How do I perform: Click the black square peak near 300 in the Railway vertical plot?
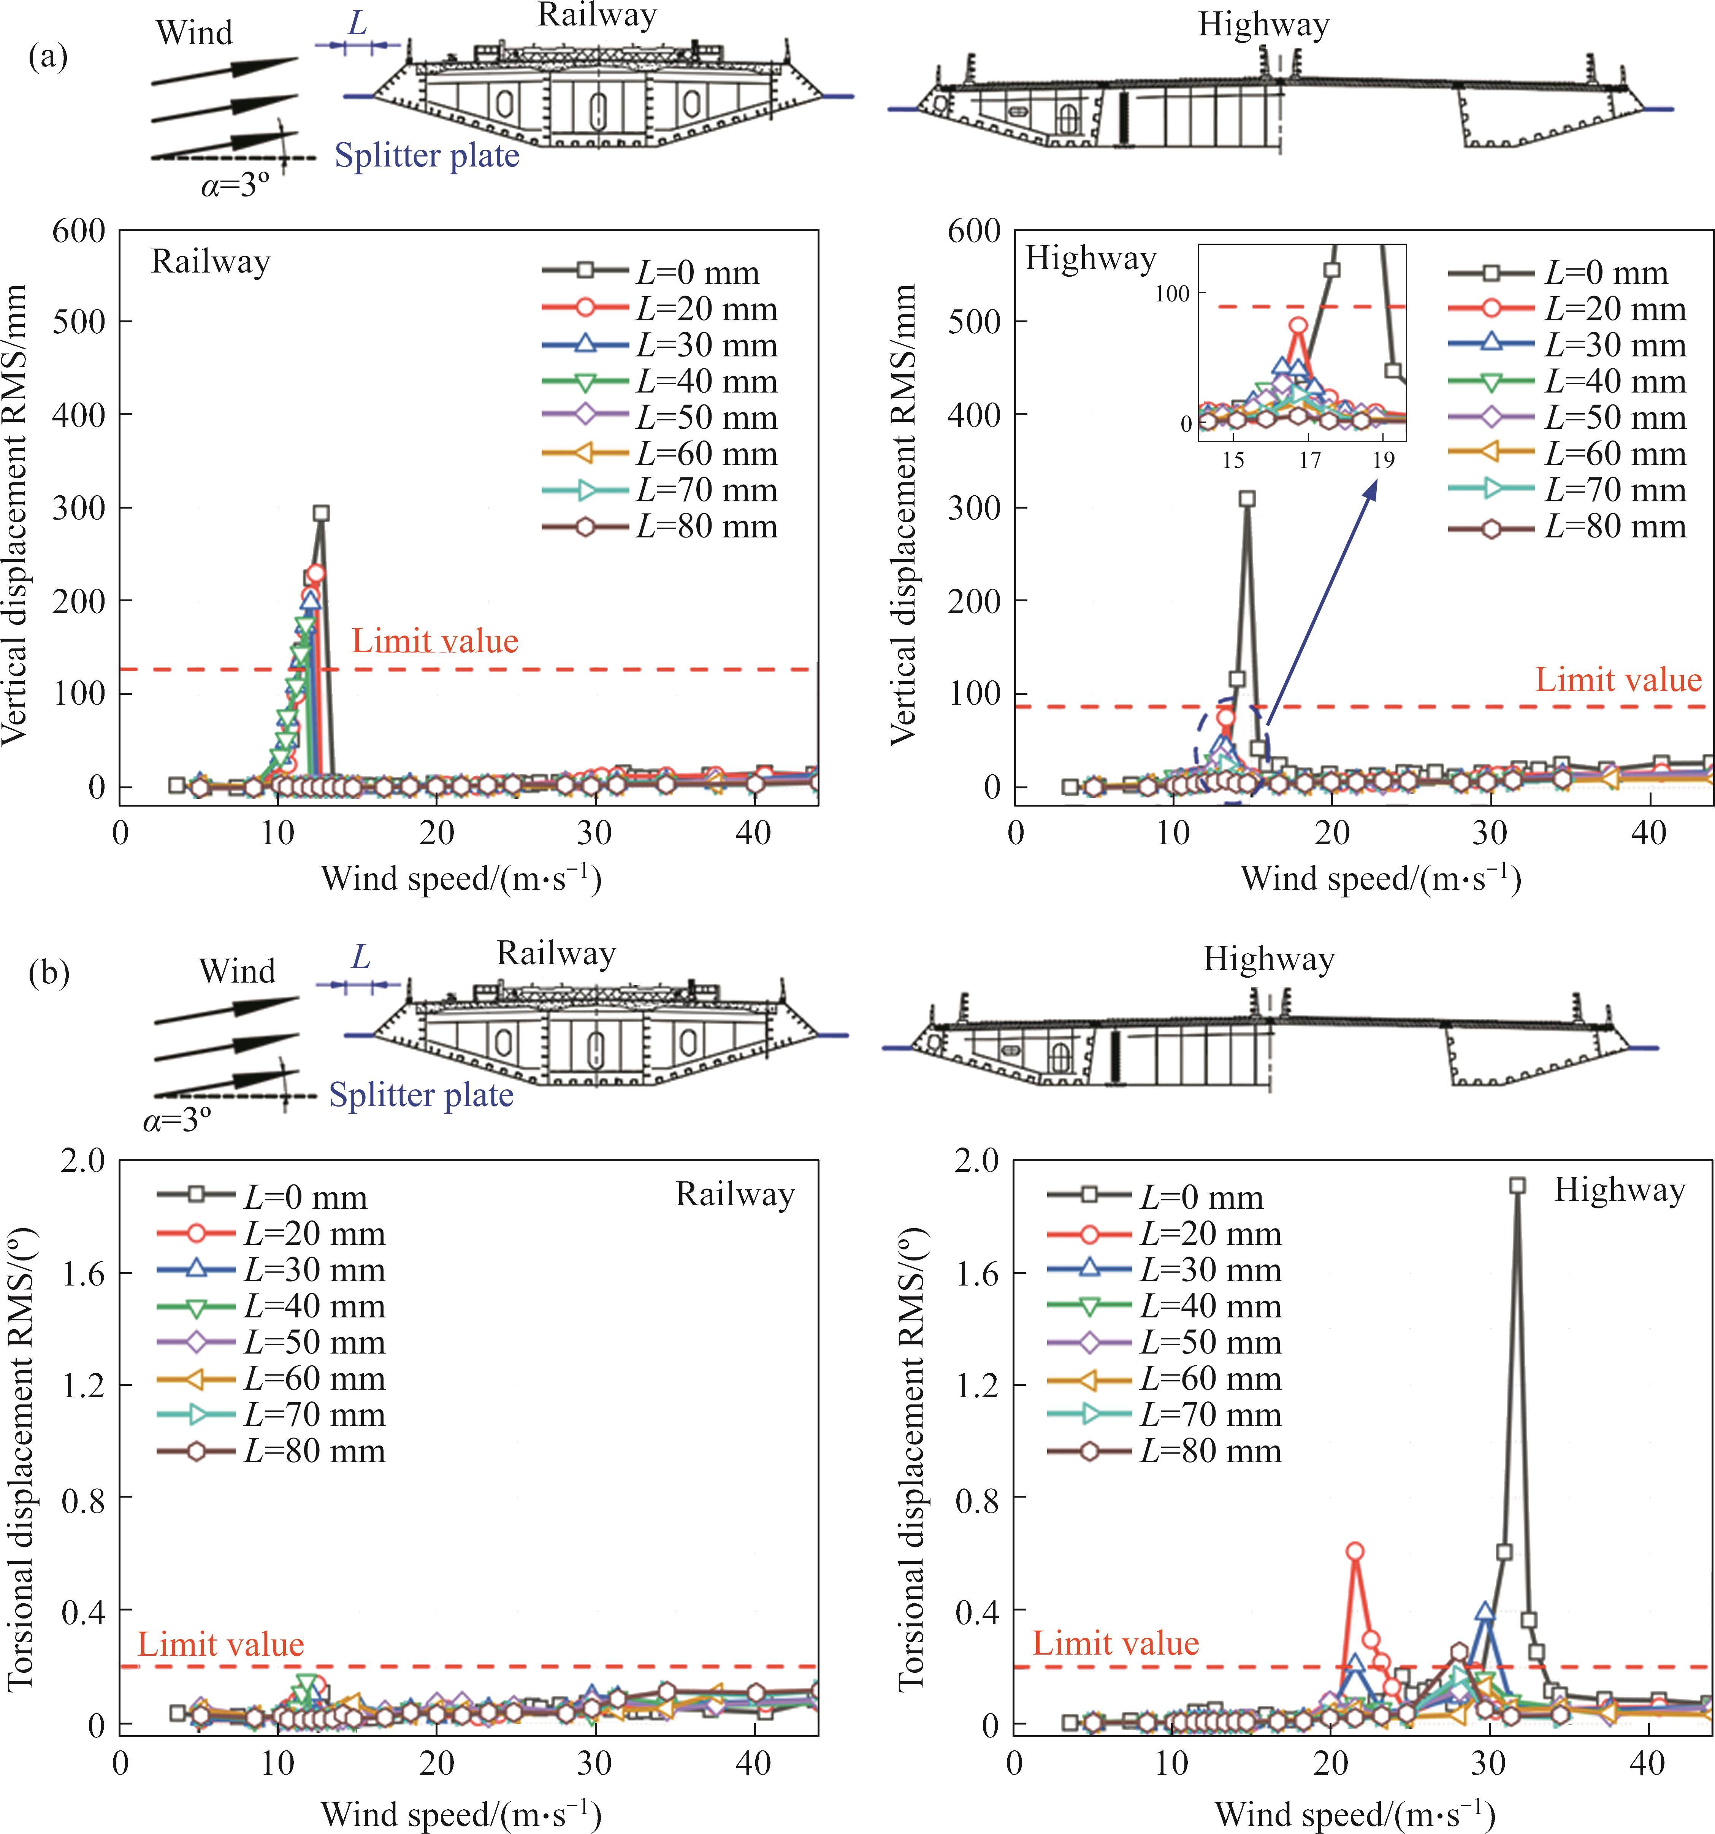(321, 513)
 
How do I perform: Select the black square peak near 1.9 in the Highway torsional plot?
(1517, 1186)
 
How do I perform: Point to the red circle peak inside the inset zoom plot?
(1298, 325)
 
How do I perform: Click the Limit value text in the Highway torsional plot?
(1115, 1643)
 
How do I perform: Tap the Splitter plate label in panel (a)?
(426, 155)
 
